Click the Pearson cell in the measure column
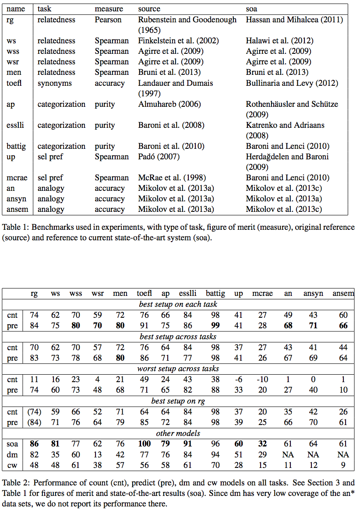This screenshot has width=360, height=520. pos(109,20)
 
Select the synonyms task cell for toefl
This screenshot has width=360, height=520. pos(54,83)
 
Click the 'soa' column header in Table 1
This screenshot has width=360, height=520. pos(251,9)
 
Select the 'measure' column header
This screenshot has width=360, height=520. pos(109,9)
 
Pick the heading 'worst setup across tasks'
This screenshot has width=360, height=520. pos(178,369)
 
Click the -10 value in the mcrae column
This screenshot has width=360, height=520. pos(262,379)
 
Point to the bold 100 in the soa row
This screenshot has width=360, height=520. pos(145,444)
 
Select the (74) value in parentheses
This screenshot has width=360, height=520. pos(34,412)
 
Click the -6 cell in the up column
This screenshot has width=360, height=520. pos(238,379)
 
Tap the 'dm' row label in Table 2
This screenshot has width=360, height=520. pos(13,455)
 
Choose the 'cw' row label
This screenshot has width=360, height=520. pos(12,465)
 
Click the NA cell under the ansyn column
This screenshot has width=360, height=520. pos(312,455)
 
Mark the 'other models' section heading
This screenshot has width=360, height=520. pos(178,433)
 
